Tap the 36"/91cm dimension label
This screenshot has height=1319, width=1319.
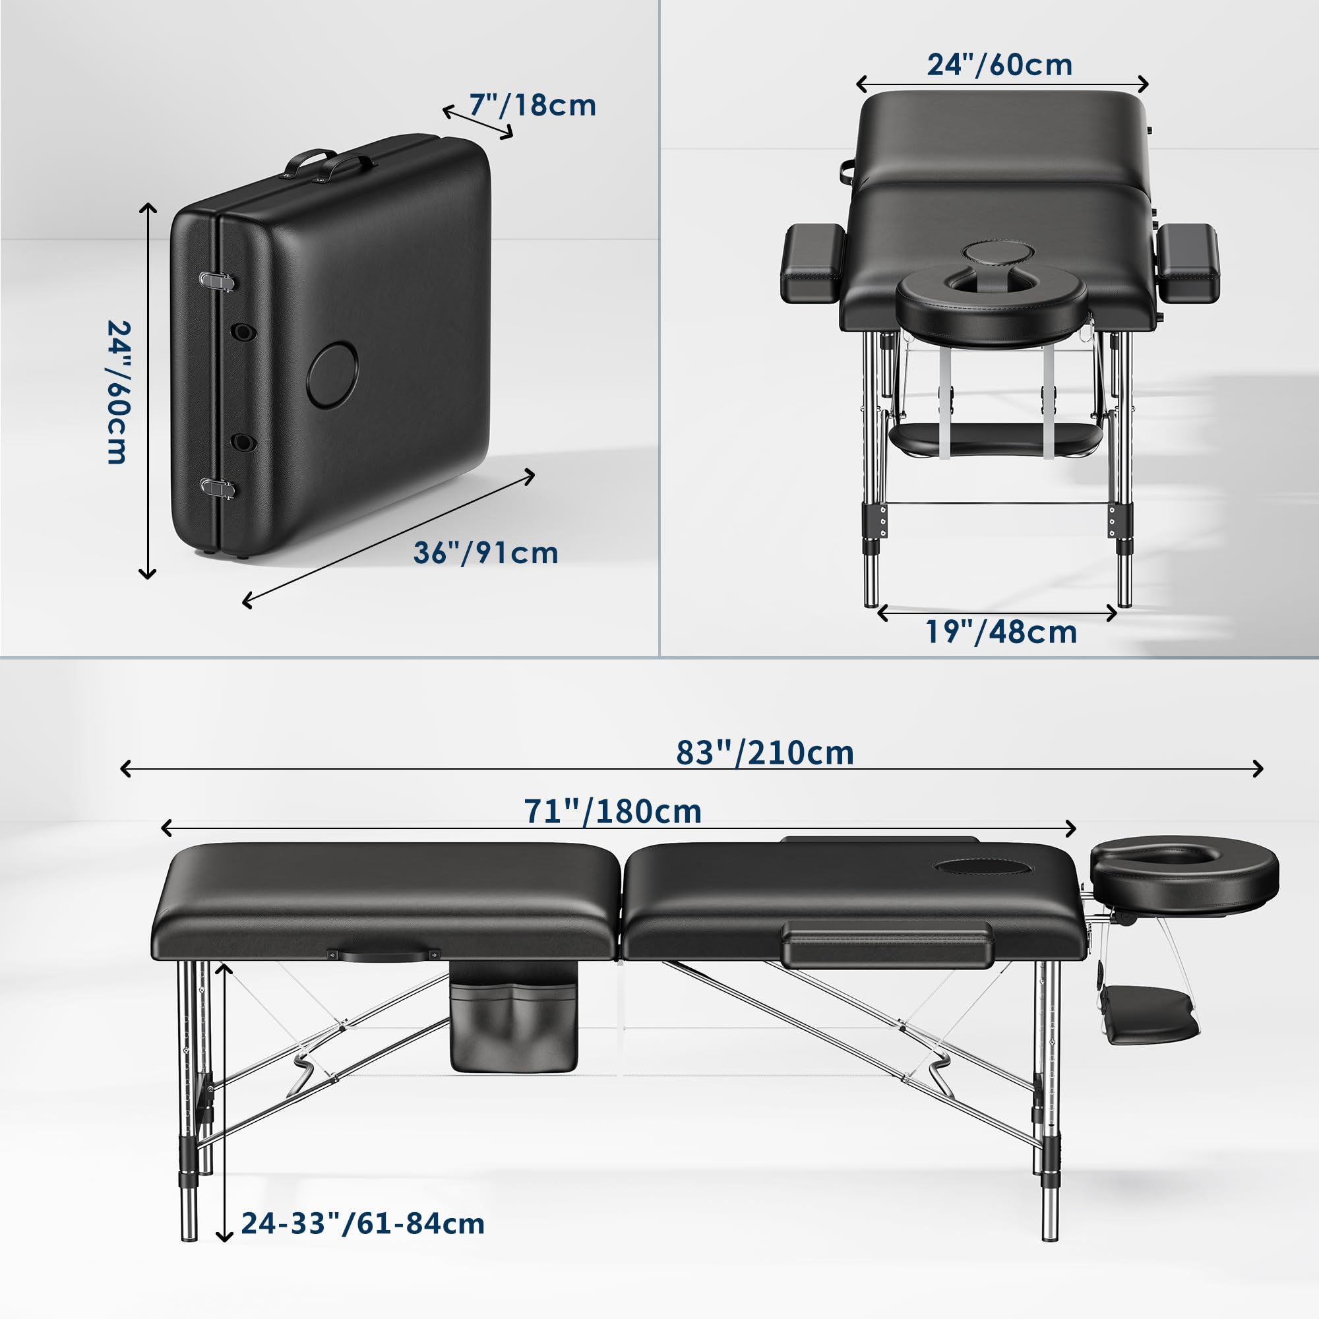[485, 553]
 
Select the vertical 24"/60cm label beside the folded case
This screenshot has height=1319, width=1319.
[117, 392]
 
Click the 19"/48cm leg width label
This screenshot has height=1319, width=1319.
[1001, 632]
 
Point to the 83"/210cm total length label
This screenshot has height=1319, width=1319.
[764, 754]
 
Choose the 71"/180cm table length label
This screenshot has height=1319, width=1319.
[613, 813]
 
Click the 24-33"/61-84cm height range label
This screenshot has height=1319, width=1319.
[363, 1223]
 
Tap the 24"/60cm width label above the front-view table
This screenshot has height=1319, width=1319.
[1000, 65]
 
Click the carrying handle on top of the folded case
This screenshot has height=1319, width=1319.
[329, 166]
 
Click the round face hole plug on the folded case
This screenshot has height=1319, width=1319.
[332, 375]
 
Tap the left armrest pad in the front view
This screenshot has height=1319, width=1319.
[812, 264]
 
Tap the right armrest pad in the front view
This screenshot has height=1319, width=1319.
[1188, 264]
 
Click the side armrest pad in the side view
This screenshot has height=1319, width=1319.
[887, 944]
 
